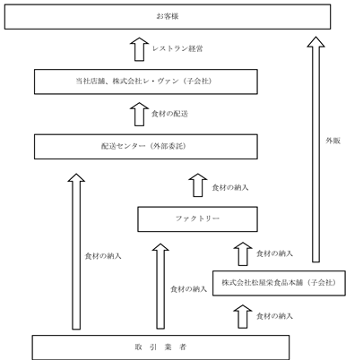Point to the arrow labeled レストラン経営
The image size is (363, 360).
click(140, 49)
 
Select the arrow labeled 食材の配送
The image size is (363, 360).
click(140, 114)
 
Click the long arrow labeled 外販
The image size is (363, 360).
click(315, 150)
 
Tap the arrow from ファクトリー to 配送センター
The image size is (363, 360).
click(198, 185)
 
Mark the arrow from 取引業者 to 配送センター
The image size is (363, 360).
click(76, 252)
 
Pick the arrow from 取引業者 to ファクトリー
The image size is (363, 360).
click(160, 286)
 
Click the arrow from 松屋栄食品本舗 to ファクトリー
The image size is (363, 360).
click(243, 253)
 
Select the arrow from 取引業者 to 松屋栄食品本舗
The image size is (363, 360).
click(243, 316)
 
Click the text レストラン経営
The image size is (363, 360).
click(177, 48)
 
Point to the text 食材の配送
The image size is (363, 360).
click(169, 114)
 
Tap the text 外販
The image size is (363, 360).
click(333, 141)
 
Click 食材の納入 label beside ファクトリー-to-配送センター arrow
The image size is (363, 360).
click(230, 187)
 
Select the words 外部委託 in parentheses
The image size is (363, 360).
click(169, 146)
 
